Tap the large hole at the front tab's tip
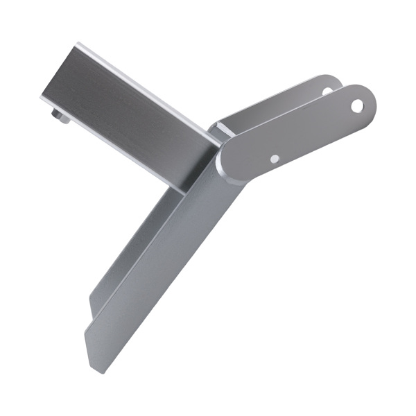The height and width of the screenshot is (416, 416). (357, 106)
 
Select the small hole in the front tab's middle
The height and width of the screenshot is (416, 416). (275, 159)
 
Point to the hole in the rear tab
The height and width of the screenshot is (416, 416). (327, 90)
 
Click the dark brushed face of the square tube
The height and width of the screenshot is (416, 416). (125, 111)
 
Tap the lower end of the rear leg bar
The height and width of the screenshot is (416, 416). (94, 305)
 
